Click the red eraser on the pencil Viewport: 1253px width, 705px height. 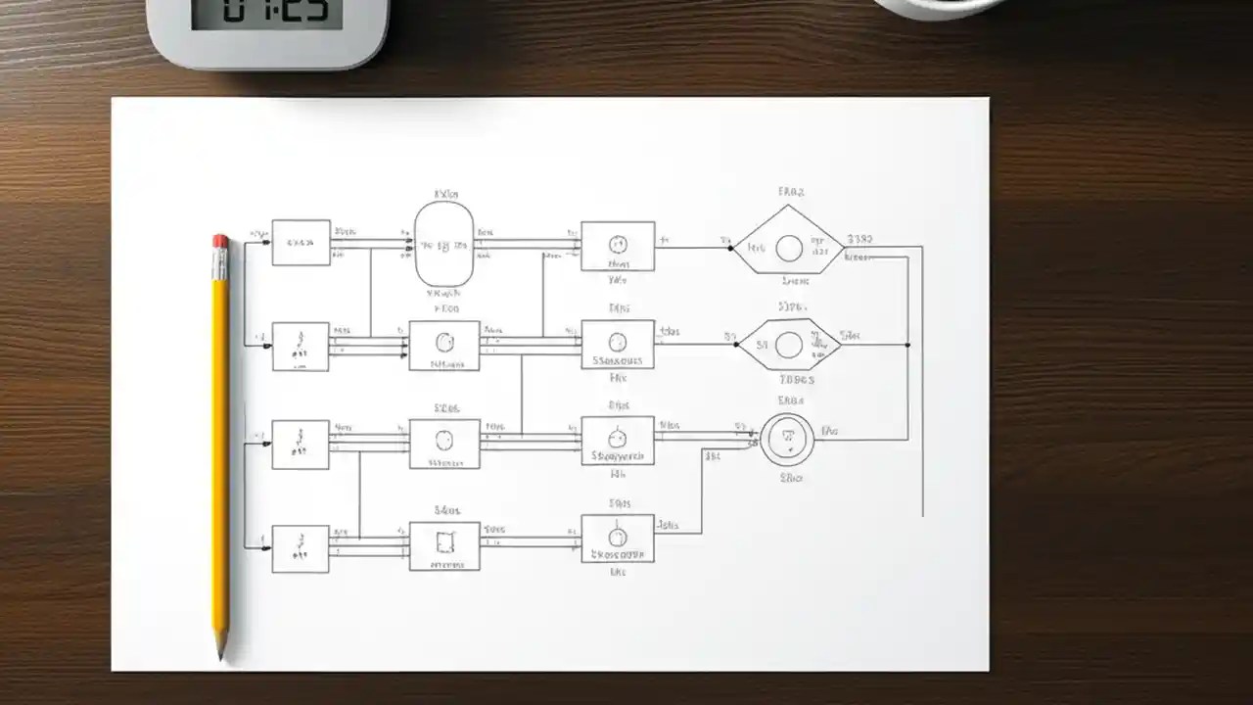[x=220, y=241]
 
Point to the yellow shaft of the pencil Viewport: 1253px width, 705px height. [x=221, y=441]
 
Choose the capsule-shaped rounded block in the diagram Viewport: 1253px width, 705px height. [x=444, y=245]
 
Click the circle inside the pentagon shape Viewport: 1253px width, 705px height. [x=789, y=248]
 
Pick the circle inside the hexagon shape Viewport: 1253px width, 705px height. [x=789, y=344]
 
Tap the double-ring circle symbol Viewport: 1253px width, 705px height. [x=788, y=440]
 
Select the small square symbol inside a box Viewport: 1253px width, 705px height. [x=445, y=541]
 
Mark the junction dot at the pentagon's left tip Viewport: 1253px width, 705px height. [x=731, y=248]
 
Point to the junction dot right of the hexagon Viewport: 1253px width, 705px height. [x=907, y=344]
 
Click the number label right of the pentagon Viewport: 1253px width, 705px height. [x=860, y=238]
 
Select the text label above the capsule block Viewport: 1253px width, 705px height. [x=445, y=194]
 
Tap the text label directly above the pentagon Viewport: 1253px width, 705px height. [x=790, y=192]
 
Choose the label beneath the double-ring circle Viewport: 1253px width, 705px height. [x=791, y=479]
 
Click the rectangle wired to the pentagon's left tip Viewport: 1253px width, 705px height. [x=618, y=246]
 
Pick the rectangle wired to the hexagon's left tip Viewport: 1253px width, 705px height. [x=618, y=344]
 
